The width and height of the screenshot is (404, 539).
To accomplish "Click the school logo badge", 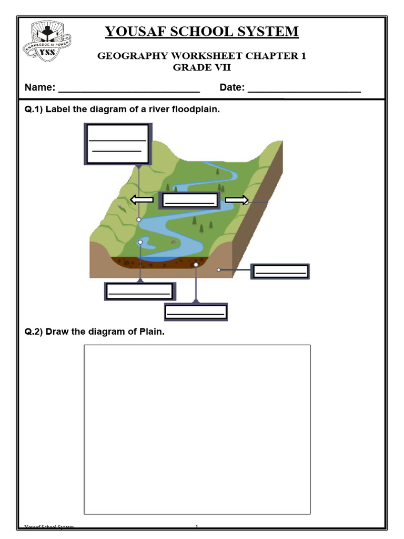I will click(x=47, y=41).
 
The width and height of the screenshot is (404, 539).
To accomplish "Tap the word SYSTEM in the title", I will click(x=270, y=32).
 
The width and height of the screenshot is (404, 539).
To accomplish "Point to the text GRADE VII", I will click(x=202, y=67).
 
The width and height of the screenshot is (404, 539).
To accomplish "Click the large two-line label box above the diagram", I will click(x=118, y=144).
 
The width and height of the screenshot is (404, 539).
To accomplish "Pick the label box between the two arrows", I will click(x=190, y=200).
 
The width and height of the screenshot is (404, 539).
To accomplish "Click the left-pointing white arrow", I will click(x=142, y=199).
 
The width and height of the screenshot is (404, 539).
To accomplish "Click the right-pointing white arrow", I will click(x=237, y=199).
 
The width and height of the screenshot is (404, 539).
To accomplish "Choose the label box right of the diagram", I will click(x=280, y=271).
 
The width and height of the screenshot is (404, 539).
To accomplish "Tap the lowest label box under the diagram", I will click(x=196, y=312).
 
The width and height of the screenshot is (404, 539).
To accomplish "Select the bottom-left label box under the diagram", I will click(x=139, y=291).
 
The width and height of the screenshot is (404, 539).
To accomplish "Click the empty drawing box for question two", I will click(x=197, y=429).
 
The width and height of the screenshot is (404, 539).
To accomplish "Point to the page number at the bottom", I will click(x=196, y=526).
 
